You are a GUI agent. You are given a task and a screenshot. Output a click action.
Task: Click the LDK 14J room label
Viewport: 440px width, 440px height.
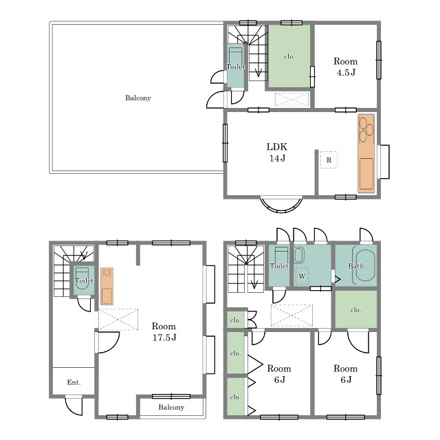pyautogui.click(x=277, y=153)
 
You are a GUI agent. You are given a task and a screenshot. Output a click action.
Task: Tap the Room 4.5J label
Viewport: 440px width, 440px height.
pyautogui.click(x=345, y=67)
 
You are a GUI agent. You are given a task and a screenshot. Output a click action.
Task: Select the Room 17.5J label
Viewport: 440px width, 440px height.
pyautogui.click(x=164, y=331)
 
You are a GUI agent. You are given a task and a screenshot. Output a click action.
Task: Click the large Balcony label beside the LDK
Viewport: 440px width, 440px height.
pyautogui.click(x=138, y=98)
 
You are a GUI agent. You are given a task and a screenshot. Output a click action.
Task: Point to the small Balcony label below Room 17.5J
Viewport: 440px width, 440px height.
pyautogui.click(x=171, y=407)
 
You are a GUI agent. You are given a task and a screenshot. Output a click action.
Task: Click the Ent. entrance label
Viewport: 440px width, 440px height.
pyautogui.click(x=74, y=382)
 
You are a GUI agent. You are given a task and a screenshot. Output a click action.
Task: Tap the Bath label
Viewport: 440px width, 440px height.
pyautogui.click(x=356, y=266)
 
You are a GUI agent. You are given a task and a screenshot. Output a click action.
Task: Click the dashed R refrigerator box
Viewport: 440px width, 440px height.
pyautogui.click(x=329, y=159)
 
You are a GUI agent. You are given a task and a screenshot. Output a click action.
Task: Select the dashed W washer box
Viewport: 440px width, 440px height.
pyautogui.click(x=302, y=276)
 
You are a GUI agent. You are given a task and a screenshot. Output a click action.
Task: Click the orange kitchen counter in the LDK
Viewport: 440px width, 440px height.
pyautogui.click(x=366, y=153)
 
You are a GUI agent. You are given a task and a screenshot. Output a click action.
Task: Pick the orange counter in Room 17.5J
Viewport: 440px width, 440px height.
pyautogui.click(x=107, y=286)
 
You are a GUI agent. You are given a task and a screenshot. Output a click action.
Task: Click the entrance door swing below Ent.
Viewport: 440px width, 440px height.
pyautogui.click(x=74, y=405)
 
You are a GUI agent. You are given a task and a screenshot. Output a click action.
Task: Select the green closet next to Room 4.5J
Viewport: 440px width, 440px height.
pyautogui.click(x=289, y=56)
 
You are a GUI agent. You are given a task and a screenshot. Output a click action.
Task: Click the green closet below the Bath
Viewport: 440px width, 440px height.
pyautogui.click(x=356, y=309)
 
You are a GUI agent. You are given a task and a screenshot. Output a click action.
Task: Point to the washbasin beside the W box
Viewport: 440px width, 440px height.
pyautogui.click(x=298, y=255)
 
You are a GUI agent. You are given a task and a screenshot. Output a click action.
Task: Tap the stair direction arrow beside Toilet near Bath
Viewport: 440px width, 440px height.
pyautogui.click(x=254, y=284)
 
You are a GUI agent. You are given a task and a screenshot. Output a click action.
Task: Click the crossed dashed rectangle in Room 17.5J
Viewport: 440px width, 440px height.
pyautogui.click(x=118, y=320)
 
